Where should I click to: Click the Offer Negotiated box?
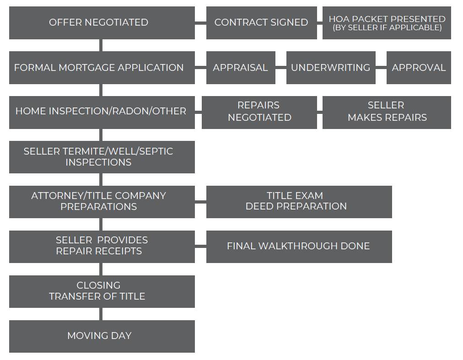102,23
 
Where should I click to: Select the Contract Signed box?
262,23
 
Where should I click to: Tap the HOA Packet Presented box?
387,23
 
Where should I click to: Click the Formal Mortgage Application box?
102,68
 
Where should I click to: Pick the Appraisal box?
241,68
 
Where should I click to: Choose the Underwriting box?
331,68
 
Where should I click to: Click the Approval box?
419,68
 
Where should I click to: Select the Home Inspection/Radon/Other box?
102,113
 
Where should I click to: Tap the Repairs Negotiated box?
259,113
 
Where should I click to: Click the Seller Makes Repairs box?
387,113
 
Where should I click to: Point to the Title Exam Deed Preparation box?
299,202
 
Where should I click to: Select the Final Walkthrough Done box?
299,247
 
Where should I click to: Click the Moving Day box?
102,336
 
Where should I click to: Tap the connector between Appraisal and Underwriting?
281,68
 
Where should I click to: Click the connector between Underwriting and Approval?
381,68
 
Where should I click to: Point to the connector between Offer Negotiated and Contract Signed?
200,23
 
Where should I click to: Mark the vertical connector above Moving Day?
101,314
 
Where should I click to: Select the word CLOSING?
99,285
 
